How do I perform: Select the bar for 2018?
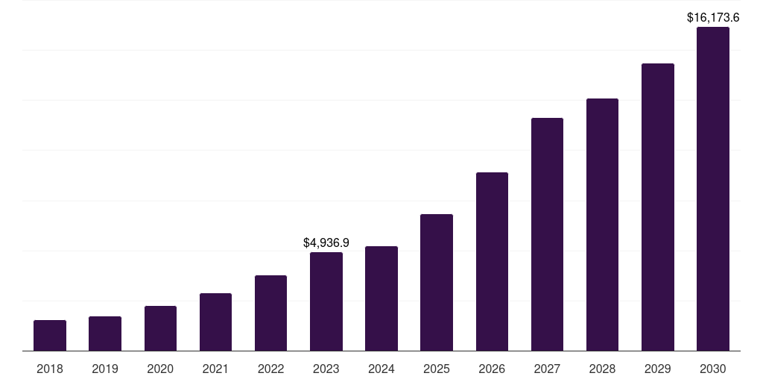click(x=50, y=336)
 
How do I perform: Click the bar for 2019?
click(x=105, y=334)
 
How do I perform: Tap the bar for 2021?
click(x=215, y=322)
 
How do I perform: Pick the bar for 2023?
click(x=326, y=301)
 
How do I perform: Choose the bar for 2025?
click(x=437, y=283)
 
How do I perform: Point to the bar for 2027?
click(x=547, y=234)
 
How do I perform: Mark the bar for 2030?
click(x=713, y=189)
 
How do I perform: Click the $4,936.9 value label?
click(x=326, y=242)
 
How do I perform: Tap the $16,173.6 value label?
click(x=713, y=16)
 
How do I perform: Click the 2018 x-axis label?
click(x=50, y=369)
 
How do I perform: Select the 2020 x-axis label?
click(x=160, y=369)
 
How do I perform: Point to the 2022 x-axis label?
click(x=270, y=369)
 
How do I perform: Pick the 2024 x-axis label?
click(x=381, y=369)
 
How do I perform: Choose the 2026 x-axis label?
click(x=492, y=369)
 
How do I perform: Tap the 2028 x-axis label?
click(x=602, y=369)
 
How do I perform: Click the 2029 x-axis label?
click(x=658, y=369)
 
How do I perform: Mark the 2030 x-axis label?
click(x=713, y=369)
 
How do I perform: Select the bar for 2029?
click(x=658, y=207)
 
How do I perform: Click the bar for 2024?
click(x=381, y=298)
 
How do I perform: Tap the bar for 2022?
click(x=270, y=313)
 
